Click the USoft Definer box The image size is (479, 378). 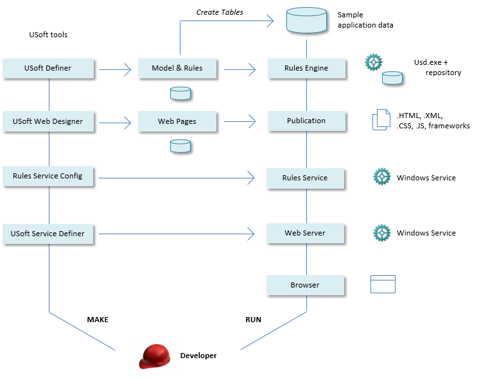tap(48, 68)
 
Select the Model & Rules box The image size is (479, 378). tap(177, 68)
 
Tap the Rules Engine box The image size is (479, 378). tap(306, 68)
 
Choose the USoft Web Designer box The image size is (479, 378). tap(48, 121)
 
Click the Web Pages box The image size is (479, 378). tap(177, 121)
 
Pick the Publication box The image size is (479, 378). tap(306, 121)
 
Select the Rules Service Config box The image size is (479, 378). tap(48, 176)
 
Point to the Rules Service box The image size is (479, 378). tap(306, 178)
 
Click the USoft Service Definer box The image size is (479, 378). tap(48, 234)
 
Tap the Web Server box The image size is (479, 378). tap(306, 233)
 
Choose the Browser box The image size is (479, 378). tap(306, 285)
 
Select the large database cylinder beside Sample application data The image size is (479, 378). tap(307, 21)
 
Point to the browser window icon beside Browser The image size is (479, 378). tap(383, 284)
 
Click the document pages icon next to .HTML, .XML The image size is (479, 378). tap(381, 120)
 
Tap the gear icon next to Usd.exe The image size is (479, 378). tap(374, 62)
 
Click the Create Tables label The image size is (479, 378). tap(220, 12)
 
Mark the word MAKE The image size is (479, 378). tap(98, 319)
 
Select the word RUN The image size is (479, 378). tap(253, 319)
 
